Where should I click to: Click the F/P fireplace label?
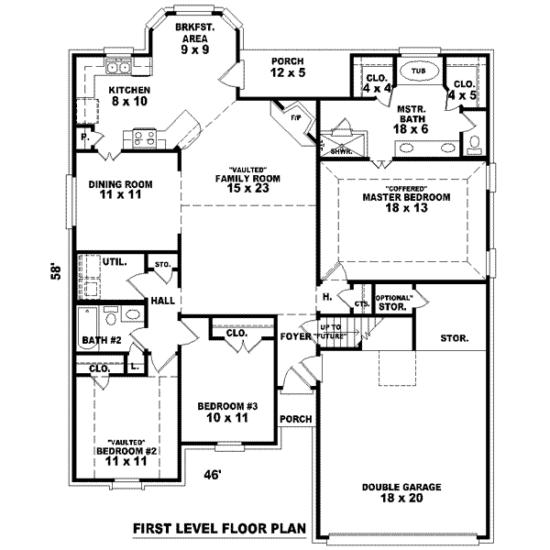[295, 117]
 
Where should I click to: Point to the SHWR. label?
[342, 151]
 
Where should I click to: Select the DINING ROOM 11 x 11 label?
[120, 190]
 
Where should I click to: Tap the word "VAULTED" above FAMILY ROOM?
[247, 170]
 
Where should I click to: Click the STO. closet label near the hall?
[163, 265]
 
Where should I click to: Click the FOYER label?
[295, 335]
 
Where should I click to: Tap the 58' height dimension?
[57, 272]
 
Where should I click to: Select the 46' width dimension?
[214, 474]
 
